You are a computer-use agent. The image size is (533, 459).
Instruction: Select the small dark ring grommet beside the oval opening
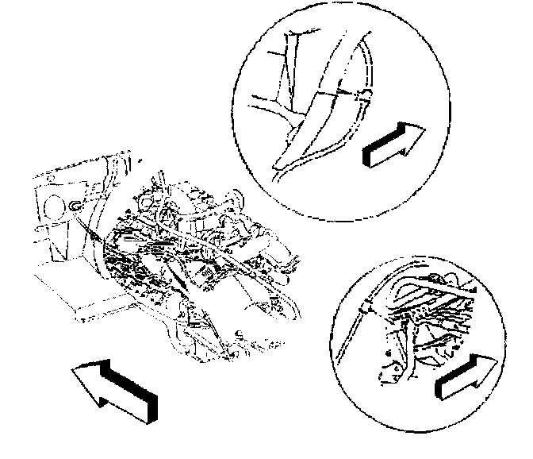tap(74, 206)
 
